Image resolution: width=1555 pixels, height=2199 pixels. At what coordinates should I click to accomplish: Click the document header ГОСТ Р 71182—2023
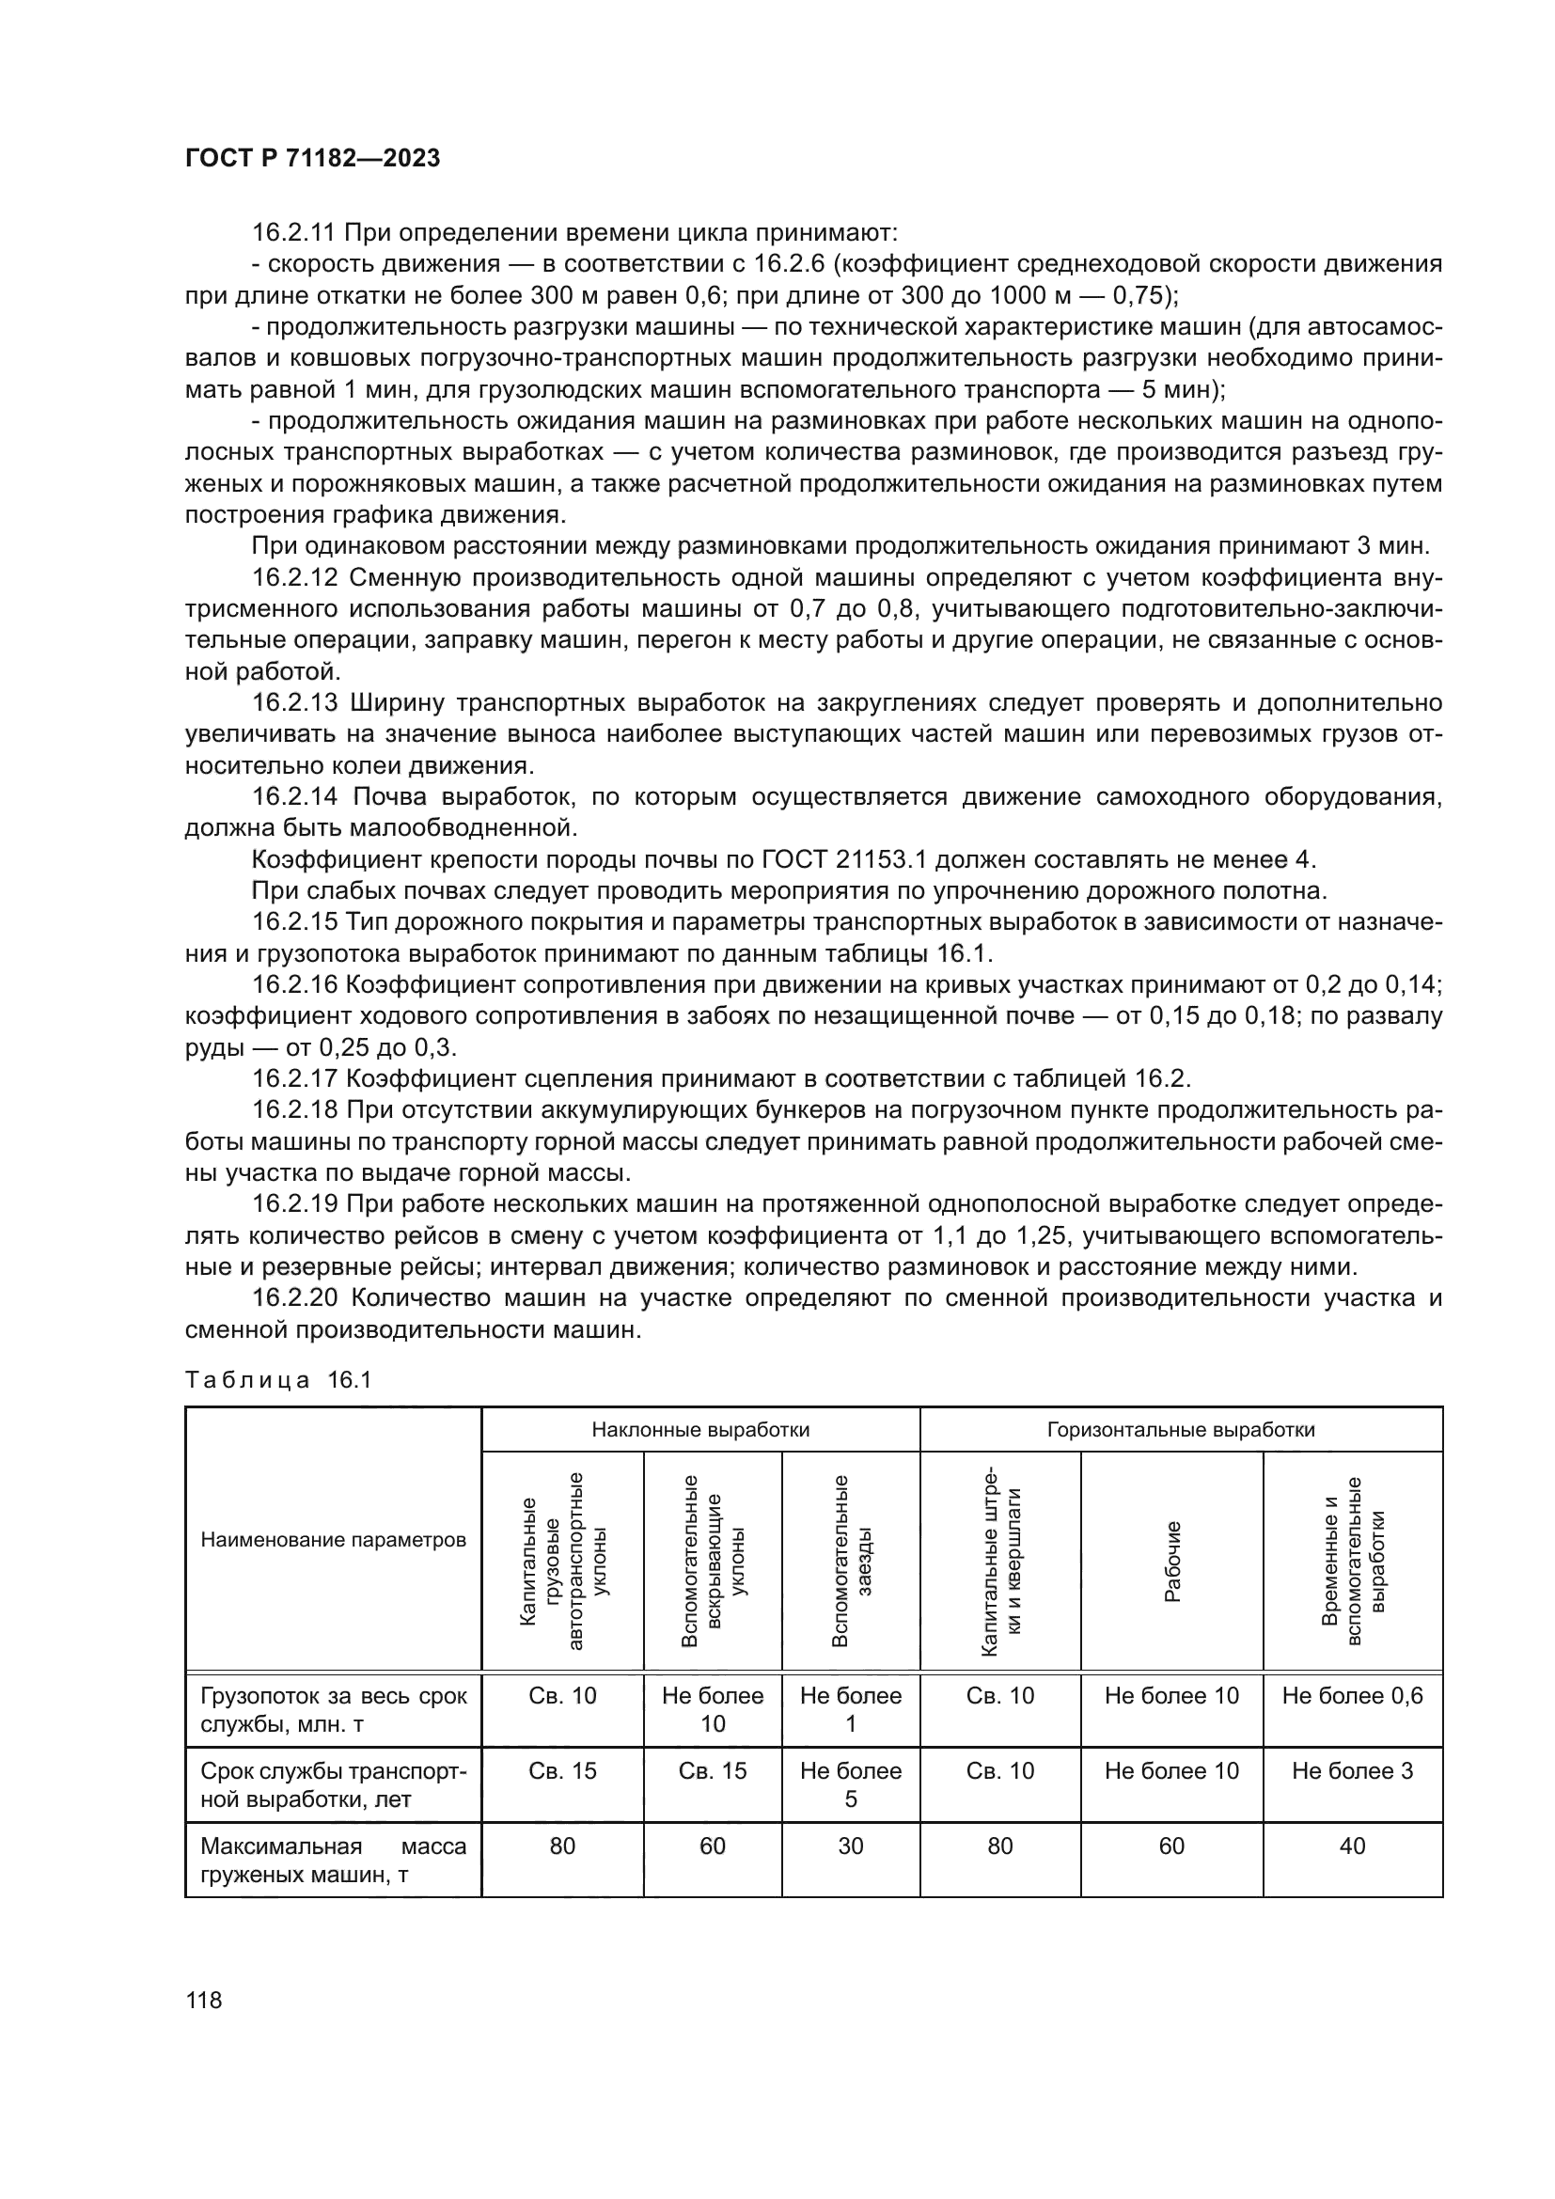point(312,159)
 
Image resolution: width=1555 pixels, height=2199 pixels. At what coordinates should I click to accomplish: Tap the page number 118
point(203,2000)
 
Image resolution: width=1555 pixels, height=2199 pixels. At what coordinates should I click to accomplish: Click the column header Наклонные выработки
point(700,1430)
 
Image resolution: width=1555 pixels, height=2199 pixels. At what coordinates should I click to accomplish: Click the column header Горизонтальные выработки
point(1181,1430)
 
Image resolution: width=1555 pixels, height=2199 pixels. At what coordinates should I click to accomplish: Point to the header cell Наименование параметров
point(333,1540)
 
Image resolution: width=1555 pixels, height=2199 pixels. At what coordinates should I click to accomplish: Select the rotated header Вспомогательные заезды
point(851,1562)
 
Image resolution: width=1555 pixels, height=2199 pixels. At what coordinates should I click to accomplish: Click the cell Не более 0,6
point(1352,1695)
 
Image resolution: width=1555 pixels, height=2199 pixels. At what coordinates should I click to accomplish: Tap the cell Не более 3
point(1352,1771)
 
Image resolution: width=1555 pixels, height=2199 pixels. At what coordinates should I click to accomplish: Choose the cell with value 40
point(1352,1846)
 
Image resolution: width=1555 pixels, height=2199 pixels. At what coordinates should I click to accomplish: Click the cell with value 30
point(850,1846)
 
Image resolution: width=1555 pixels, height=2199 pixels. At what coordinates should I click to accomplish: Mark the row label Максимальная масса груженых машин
point(333,1860)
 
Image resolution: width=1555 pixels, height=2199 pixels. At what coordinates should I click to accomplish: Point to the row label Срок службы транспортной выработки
point(333,1785)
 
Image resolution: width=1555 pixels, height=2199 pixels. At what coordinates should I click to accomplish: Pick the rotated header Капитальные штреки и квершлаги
point(1000,1562)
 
